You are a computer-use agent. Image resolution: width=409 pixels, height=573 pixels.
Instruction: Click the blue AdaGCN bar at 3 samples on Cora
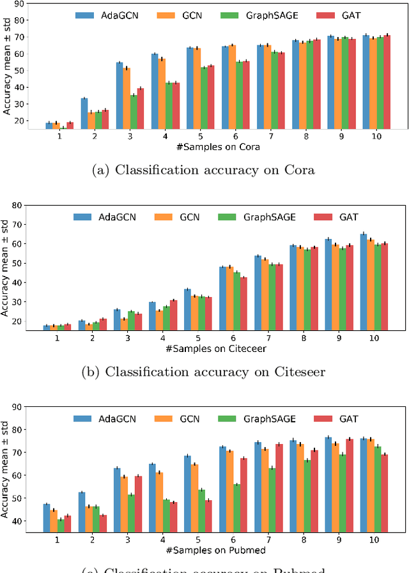(x=120, y=95)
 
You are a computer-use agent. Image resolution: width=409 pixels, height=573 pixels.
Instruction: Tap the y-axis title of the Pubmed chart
(x=7, y=470)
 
